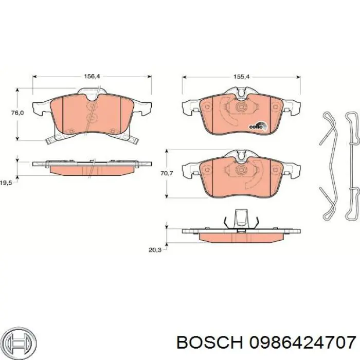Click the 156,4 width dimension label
(x=92, y=76)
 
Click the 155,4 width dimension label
(x=241, y=77)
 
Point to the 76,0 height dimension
(x=17, y=113)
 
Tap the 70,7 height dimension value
(x=167, y=173)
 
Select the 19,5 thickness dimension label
(x=6, y=183)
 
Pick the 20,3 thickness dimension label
(x=155, y=250)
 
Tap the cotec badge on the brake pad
(x=258, y=126)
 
